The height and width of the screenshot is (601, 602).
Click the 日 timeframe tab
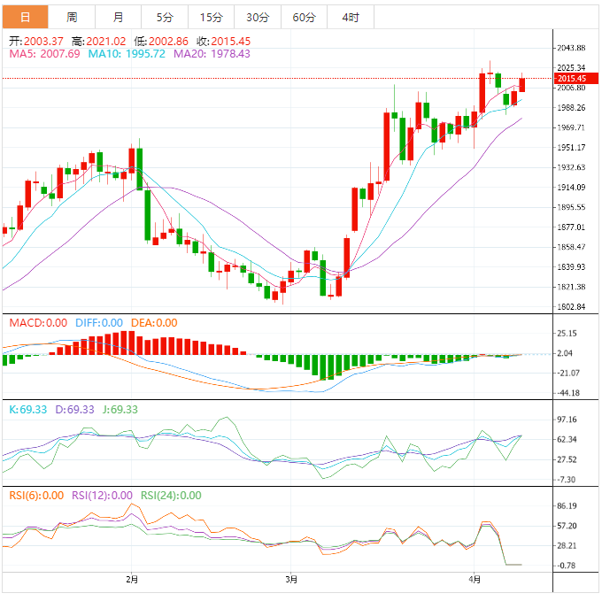pyautogui.click(x=25, y=17)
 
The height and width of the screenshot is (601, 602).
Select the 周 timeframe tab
pyautogui.click(x=72, y=17)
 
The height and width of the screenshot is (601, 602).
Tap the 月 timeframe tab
pyautogui.click(x=119, y=17)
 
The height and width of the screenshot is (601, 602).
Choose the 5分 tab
pyautogui.click(x=165, y=17)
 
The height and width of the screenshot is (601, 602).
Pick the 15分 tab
pyautogui.click(x=212, y=17)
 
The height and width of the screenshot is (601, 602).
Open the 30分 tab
pyautogui.click(x=258, y=17)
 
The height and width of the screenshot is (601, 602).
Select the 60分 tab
pyautogui.click(x=304, y=17)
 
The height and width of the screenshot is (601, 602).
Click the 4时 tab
pyautogui.click(x=350, y=17)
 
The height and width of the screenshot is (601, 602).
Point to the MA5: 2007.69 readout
pyautogui.click(x=44, y=53)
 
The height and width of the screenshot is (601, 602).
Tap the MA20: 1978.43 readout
pyautogui.click(x=212, y=53)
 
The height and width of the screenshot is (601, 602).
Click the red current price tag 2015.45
pyautogui.click(x=567, y=79)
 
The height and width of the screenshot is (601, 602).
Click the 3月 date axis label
pyautogui.click(x=291, y=580)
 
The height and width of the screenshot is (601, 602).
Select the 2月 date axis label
pyautogui.click(x=132, y=580)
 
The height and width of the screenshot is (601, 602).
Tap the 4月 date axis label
pyautogui.click(x=475, y=580)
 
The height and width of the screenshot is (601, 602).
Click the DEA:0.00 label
pyautogui.click(x=154, y=323)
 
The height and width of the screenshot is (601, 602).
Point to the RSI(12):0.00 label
pyautogui.click(x=103, y=496)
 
